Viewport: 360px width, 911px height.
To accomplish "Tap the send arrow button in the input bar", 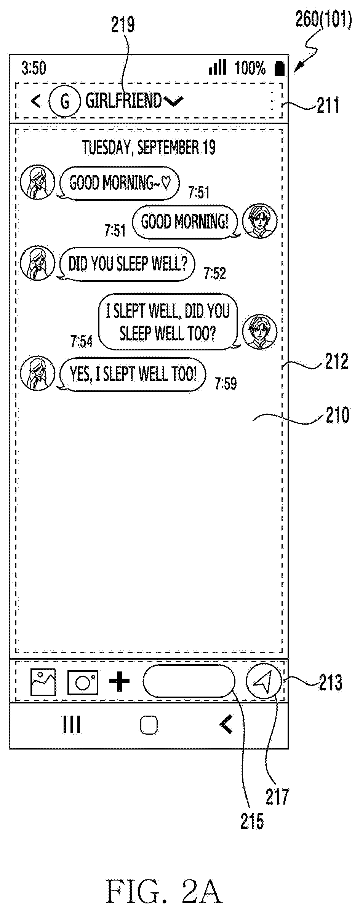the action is (x=264, y=681).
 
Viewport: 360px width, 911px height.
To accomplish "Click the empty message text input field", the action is (x=189, y=681).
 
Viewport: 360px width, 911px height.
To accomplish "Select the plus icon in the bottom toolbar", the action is (x=120, y=682).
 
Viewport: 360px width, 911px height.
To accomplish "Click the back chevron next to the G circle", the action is (x=36, y=101).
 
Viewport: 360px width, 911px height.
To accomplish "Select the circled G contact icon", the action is (x=65, y=101).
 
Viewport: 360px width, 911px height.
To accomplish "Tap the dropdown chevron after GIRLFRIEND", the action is (x=174, y=101).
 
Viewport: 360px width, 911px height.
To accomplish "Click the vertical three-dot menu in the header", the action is (x=272, y=101).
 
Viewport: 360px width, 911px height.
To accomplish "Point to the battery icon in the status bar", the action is (x=280, y=68).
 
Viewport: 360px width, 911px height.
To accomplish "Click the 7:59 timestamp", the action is (x=226, y=384).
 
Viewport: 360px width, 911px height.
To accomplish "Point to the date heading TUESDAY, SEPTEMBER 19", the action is (x=149, y=147).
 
